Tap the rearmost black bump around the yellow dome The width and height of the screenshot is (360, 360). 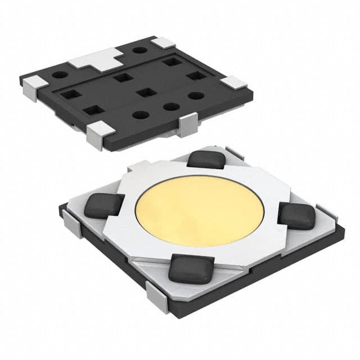[x=206, y=159]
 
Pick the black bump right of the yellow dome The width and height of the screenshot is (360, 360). [x=297, y=215]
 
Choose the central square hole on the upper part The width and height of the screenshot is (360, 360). [x=146, y=92]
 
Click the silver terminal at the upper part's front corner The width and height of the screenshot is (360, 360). [x=99, y=134]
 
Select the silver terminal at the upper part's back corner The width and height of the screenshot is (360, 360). [x=164, y=43]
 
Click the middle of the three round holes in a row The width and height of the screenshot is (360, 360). [x=170, y=106]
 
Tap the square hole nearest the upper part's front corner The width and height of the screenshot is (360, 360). [x=90, y=111]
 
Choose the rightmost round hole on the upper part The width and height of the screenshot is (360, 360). [x=196, y=96]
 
